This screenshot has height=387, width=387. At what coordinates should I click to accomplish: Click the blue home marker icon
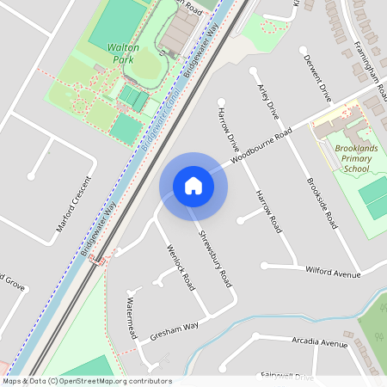193,186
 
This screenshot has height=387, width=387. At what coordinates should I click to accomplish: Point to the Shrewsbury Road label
215,258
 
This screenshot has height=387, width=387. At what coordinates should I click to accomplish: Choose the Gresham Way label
175,329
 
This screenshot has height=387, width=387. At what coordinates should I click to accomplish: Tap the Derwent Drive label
315,75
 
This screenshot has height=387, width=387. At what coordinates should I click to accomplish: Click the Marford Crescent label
72,212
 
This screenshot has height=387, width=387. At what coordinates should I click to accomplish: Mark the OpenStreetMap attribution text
87,381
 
